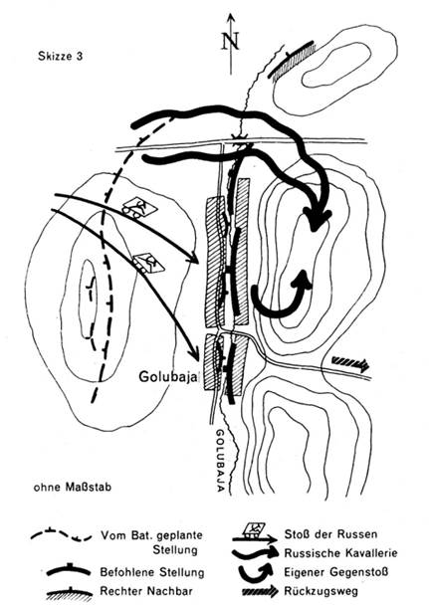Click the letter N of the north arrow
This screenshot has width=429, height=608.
[x=230, y=41]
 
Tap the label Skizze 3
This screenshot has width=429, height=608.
[x=60, y=57]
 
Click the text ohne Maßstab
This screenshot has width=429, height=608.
[x=72, y=487]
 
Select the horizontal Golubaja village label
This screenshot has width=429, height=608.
[x=169, y=376]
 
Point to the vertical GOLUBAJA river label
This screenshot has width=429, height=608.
[x=220, y=461]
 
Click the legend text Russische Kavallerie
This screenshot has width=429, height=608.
[x=341, y=553]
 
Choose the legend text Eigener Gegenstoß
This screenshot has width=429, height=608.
[x=336, y=572]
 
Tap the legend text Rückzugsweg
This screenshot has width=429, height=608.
[x=321, y=591]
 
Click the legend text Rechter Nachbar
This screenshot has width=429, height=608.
[x=146, y=591]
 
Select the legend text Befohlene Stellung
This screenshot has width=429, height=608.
[x=152, y=572]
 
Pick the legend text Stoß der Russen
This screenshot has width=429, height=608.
[x=330, y=534]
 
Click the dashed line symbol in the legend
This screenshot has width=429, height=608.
[x=62, y=535]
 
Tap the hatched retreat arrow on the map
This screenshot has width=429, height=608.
[x=350, y=363]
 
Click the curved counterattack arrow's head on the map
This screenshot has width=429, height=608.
[x=303, y=279]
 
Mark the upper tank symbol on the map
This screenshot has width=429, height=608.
[x=139, y=207]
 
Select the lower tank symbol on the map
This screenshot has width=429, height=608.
[x=148, y=263]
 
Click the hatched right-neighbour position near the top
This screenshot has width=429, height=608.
[x=293, y=62]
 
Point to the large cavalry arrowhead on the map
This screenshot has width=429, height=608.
[x=318, y=221]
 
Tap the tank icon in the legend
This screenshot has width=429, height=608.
[x=254, y=529]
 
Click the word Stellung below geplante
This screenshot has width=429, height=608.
[x=175, y=549]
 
